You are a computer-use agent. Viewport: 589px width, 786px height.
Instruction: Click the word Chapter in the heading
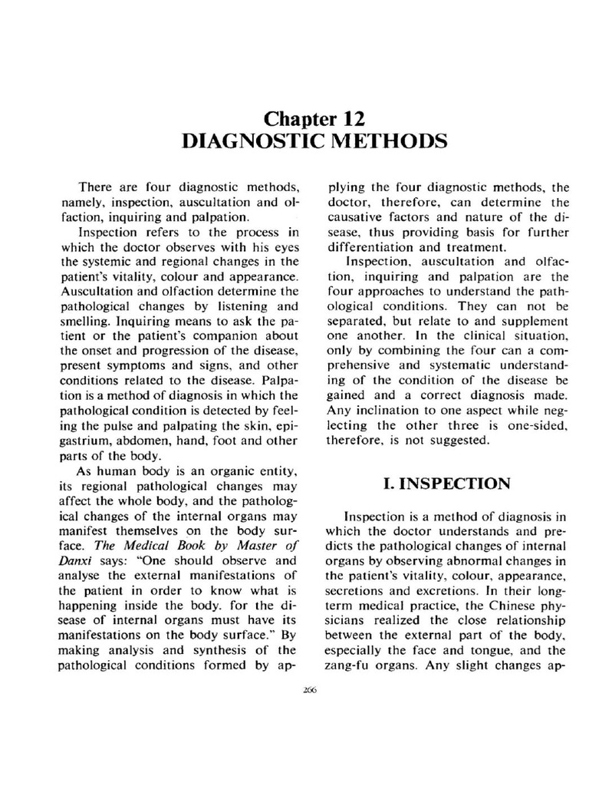[298, 119]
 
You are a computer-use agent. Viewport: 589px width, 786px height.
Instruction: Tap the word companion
[217, 329]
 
